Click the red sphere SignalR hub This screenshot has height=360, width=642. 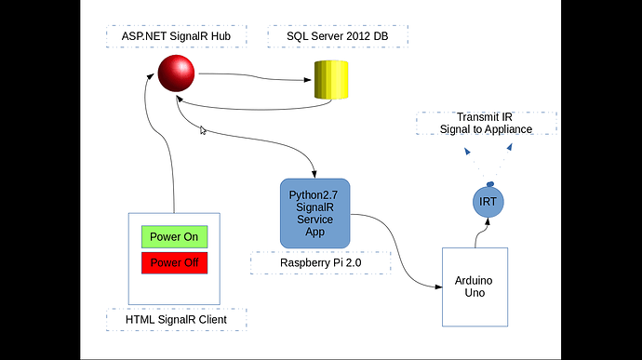pos(175,74)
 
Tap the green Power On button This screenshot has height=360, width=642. pos(174,237)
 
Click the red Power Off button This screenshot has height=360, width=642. pos(174,262)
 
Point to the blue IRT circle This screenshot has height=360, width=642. pos(488,202)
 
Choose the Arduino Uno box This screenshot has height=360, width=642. pos(475,287)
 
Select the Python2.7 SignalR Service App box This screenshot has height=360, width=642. pos(314,213)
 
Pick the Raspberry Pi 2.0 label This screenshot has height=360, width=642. pos(321,263)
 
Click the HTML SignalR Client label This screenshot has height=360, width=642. pos(175,321)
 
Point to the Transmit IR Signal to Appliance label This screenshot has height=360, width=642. pos(487,123)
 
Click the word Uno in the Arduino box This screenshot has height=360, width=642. pos(475,293)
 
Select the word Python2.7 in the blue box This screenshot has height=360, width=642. pos(314,194)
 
